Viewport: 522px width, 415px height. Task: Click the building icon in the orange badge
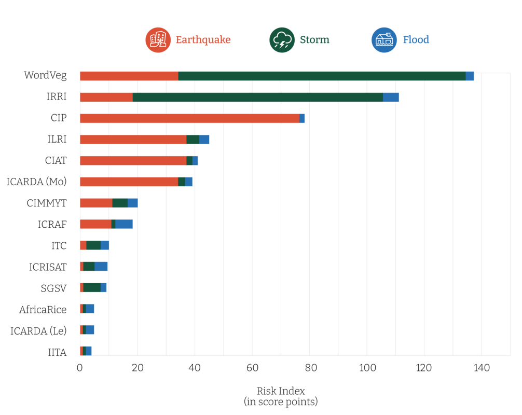coord(158,39)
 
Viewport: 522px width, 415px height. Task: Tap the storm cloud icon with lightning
coord(282,40)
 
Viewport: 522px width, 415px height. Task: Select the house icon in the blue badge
coord(384,39)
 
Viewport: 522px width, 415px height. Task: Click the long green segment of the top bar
coord(322,76)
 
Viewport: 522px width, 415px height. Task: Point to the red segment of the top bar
coord(129,76)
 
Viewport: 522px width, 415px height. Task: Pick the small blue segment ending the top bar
coord(470,76)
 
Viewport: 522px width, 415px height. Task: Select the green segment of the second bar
coord(257,97)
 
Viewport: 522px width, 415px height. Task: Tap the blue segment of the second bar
coord(403,97)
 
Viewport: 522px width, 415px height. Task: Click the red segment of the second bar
coord(106,97)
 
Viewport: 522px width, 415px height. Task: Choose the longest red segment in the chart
coord(189,118)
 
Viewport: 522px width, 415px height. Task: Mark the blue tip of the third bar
coord(304,118)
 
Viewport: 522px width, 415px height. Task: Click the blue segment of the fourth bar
coord(211,139)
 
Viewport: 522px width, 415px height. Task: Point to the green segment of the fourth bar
coord(192,139)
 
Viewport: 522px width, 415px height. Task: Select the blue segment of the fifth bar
coord(208,160)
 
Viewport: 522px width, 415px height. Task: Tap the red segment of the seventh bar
coord(95,203)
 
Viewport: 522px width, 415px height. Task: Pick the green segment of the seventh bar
coord(120,203)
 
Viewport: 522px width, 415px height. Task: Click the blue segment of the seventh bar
coord(147,203)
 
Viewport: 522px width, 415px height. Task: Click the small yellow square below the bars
coord(89,359)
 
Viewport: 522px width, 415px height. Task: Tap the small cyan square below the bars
coord(81,359)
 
